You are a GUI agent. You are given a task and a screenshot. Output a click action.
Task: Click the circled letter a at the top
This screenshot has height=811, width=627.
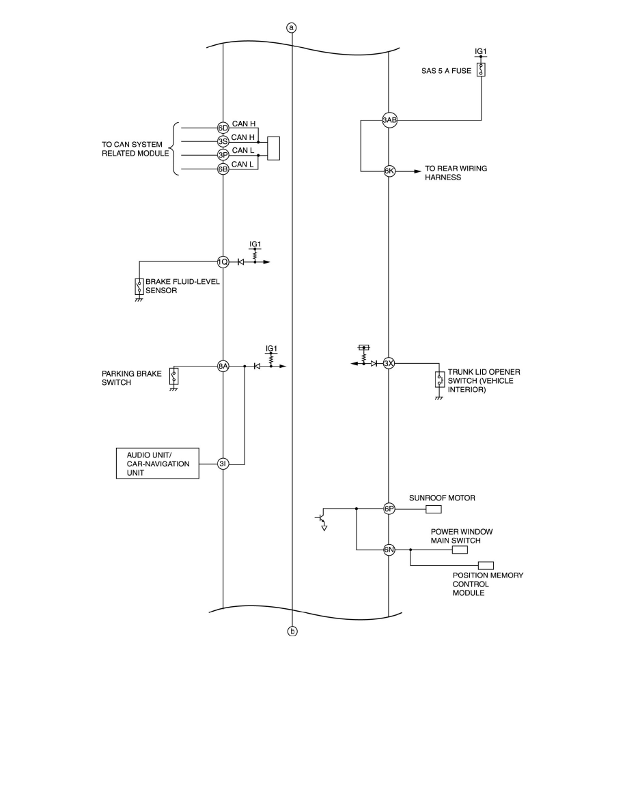point(292,28)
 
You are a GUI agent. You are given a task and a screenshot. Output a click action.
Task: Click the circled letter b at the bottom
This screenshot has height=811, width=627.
point(292,631)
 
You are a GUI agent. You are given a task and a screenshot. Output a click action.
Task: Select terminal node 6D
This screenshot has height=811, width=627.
point(223,128)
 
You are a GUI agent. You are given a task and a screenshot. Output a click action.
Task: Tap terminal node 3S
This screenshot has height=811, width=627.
point(223,141)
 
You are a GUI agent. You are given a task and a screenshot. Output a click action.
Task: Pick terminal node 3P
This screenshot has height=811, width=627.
point(223,155)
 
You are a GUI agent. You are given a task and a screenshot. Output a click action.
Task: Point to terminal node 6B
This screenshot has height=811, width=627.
point(223,169)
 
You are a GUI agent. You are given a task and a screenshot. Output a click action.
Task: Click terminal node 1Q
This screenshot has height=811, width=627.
point(223,261)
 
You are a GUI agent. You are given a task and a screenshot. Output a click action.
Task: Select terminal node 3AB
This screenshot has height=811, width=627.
point(389,121)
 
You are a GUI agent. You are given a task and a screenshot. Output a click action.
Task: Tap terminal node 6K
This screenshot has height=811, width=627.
point(389,171)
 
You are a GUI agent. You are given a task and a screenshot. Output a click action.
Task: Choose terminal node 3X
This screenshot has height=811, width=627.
point(389,363)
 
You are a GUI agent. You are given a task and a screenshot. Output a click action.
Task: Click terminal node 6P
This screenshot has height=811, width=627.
point(389,509)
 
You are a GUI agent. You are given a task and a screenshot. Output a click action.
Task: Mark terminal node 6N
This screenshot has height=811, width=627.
point(389,549)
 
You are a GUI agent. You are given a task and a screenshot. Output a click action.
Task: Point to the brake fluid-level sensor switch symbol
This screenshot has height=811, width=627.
point(139,286)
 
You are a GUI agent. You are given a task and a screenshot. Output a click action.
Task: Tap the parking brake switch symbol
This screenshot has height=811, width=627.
point(174,376)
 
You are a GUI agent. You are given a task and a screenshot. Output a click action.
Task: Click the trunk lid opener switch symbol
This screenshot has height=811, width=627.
point(439,380)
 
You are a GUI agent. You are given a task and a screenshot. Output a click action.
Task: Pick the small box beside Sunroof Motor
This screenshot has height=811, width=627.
point(434,509)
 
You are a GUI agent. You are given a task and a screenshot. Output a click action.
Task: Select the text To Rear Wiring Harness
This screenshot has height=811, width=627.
point(456,173)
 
